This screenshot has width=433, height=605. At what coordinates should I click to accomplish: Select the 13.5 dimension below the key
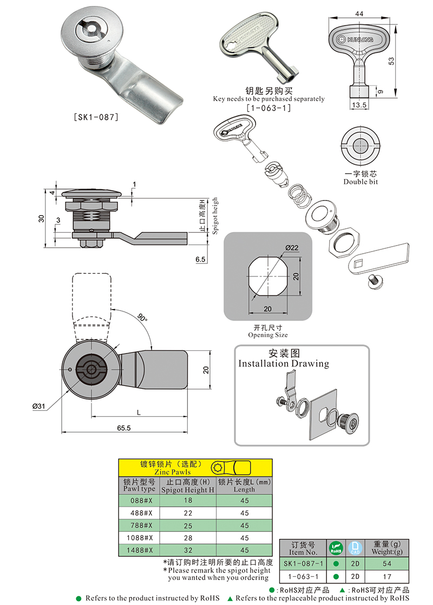tap(359, 105)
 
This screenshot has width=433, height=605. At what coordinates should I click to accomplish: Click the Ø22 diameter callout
tap(292, 248)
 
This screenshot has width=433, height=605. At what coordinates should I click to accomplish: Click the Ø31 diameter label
tap(38, 406)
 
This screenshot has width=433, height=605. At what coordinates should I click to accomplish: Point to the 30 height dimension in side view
tap(41, 218)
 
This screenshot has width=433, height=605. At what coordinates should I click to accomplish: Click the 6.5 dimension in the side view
tap(200, 260)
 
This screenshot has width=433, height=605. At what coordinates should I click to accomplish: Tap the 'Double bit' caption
tap(360, 182)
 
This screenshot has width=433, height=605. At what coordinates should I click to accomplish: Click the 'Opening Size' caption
tap(268, 335)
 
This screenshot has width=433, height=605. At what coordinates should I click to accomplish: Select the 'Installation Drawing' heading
tap(284, 363)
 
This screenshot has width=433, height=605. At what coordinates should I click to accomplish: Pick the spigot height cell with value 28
tap(188, 538)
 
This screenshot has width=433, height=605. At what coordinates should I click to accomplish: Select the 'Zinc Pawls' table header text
tap(162, 472)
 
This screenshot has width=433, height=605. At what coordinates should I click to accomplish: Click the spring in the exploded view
tap(296, 196)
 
